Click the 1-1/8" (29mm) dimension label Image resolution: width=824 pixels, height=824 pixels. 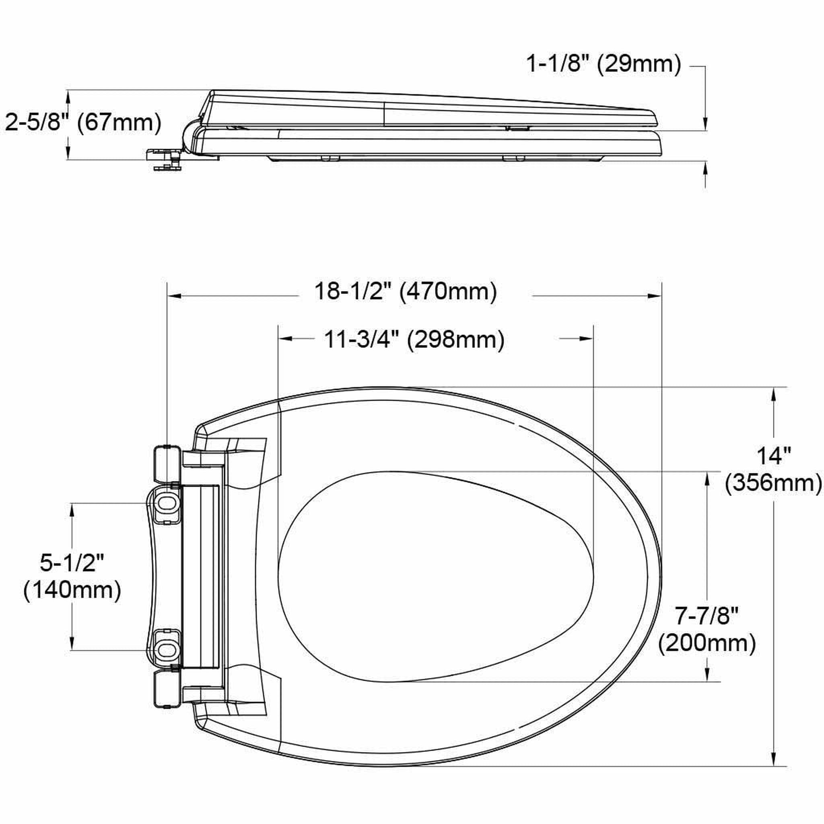(604, 64)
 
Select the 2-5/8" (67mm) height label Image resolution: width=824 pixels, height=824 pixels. (83, 122)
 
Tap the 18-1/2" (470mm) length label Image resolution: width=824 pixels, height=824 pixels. (406, 292)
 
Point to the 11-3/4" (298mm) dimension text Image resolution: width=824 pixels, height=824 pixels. (414, 340)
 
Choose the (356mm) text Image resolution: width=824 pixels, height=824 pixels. (774, 484)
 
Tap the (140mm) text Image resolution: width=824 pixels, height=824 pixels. (72, 590)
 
